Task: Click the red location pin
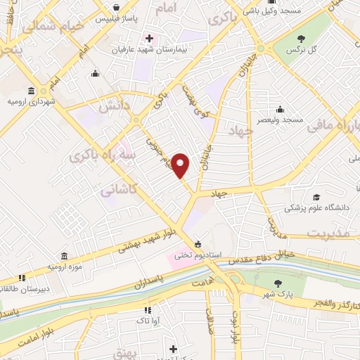tap(181, 165)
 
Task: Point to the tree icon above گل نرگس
tap(302, 39)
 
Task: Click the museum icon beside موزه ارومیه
tap(65, 255)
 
